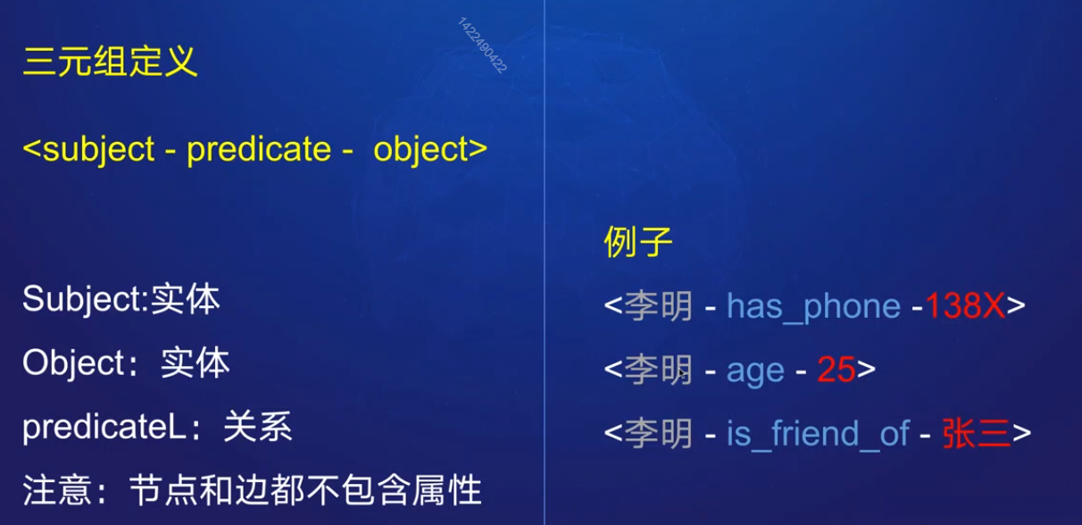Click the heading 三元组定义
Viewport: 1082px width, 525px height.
110,62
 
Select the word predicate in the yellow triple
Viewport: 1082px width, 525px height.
258,149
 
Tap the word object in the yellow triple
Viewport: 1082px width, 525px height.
422,149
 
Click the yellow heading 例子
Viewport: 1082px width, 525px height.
637,242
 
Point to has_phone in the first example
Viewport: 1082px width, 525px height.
813,306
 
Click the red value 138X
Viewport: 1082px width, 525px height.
965,306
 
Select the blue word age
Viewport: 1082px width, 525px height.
755,371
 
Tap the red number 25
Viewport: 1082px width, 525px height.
836,370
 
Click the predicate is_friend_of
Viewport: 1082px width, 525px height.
818,434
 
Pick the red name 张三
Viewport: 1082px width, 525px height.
976,434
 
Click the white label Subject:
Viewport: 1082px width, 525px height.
85,300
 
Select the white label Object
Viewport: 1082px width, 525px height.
75,363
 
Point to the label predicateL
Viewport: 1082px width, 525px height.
103,428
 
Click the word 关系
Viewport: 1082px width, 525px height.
258,428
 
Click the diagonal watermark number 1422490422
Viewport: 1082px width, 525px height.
482,45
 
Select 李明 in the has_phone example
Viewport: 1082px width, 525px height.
658,306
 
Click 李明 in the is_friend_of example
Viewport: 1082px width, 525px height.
658,434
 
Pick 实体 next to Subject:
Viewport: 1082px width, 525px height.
185,300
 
